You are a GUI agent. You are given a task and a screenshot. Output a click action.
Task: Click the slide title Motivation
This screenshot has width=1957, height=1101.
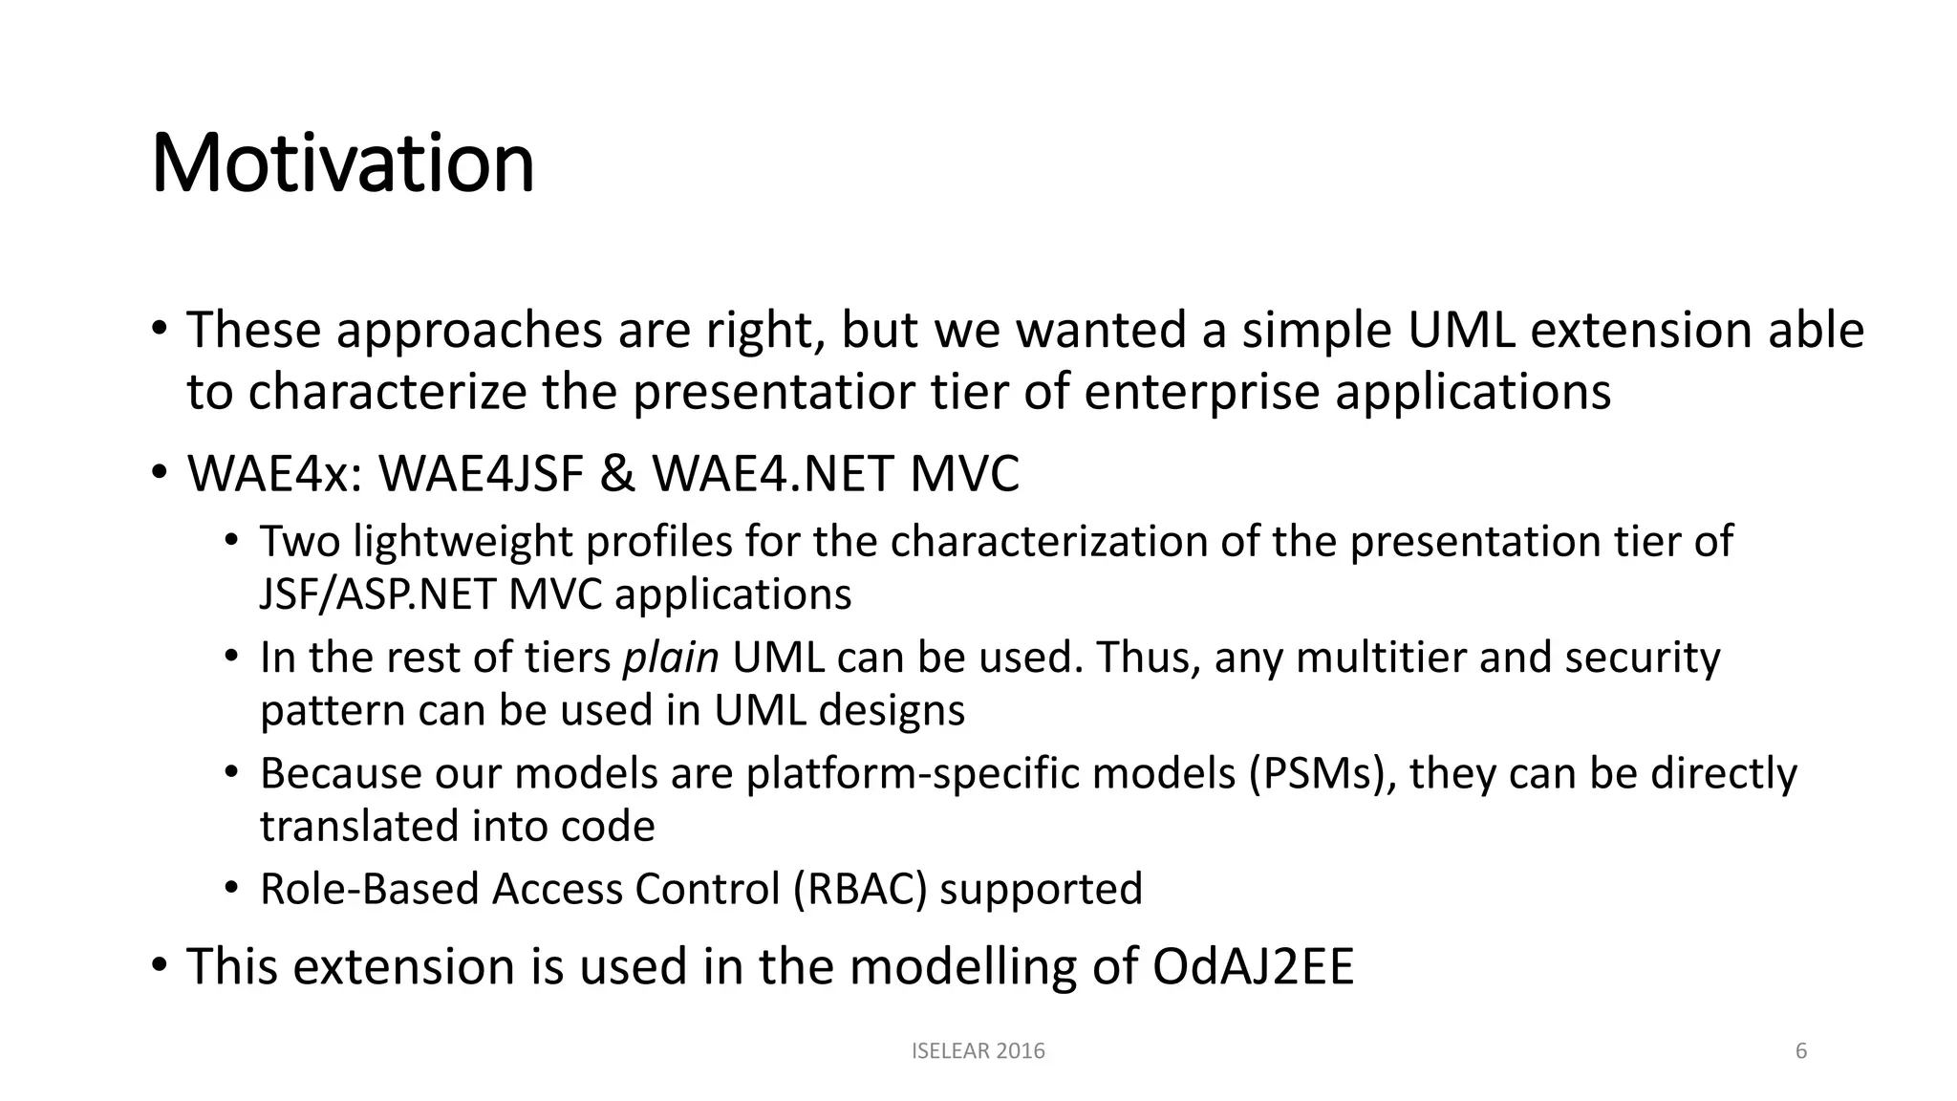(x=342, y=163)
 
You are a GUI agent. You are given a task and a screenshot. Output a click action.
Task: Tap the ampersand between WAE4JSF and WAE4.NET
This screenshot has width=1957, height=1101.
(x=617, y=473)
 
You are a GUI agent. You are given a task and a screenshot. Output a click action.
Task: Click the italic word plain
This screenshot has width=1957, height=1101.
(x=670, y=658)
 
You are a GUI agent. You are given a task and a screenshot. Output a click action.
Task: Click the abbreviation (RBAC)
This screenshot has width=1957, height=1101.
(x=860, y=889)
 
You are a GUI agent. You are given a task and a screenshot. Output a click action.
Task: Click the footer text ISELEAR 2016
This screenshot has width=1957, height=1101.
(x=978, y=1051)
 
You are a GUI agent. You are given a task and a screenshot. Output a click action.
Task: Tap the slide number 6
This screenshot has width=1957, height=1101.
(x=1801, y=1051)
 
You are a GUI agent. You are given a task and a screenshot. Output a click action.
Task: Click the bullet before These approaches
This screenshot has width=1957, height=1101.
(x=160, y=330)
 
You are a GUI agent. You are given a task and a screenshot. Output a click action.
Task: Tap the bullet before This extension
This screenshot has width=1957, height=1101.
(x=160, y=965)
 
